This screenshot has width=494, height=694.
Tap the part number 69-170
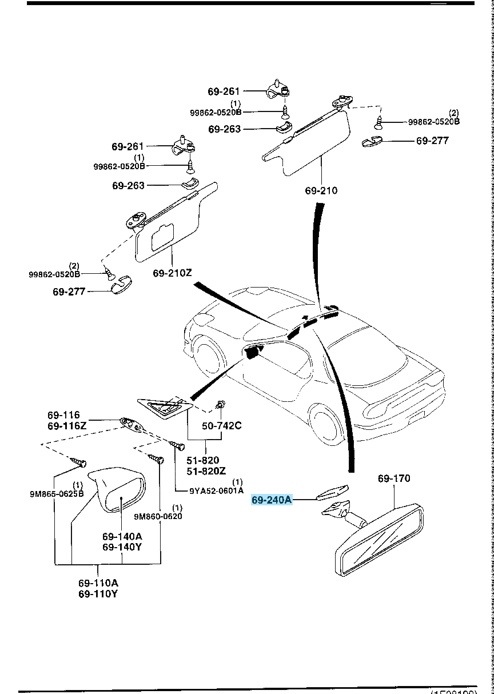tap(393, 478)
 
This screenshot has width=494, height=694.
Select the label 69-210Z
tap(172, 273)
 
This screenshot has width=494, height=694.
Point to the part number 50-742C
tap(222, 426)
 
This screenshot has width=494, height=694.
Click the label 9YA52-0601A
tap(217, 490)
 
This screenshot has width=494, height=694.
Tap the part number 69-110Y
tap(98, 594)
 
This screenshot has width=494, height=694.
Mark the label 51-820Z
tap(206, 470)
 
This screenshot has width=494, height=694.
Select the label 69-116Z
tap(67, 426)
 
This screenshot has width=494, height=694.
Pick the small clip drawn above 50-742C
tap(220, 406)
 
